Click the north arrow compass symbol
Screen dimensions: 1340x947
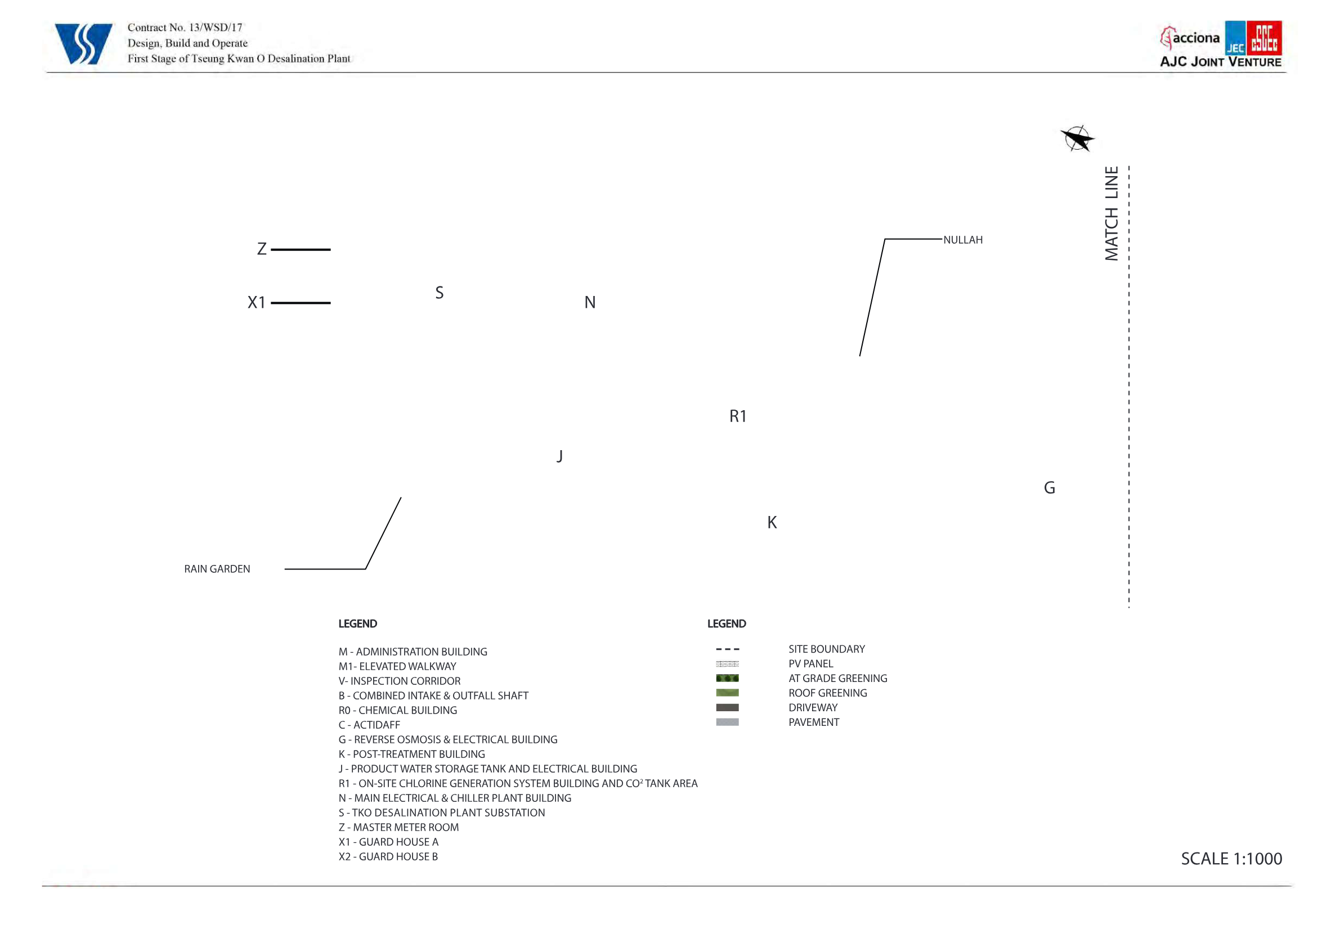(1077, 139)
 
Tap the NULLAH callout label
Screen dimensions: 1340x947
(963, 240)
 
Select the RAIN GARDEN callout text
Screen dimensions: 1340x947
(217, 569)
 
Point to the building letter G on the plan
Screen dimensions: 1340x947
(1050, 488)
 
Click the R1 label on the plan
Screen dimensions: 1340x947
(738, 416)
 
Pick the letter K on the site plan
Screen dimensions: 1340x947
(772, 522)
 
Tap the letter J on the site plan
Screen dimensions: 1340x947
(560, 456)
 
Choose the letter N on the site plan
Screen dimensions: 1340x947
(590, 302)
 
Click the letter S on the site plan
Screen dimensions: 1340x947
(440, 293)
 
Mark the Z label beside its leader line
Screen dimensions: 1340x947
(262, 249)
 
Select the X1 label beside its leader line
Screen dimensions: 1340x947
(257, 302)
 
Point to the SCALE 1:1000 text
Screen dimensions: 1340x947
(1231, 859)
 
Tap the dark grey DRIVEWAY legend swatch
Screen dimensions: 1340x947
(727, 708)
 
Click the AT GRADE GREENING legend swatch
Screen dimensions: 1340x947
(727, 679)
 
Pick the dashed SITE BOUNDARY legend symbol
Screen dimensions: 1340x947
(727, 649)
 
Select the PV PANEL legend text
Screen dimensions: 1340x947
(810, 664)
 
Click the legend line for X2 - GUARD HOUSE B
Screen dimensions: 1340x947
(388, 856)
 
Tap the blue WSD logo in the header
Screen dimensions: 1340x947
(83, 44)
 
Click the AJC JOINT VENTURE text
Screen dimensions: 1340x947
(1220, 62)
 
